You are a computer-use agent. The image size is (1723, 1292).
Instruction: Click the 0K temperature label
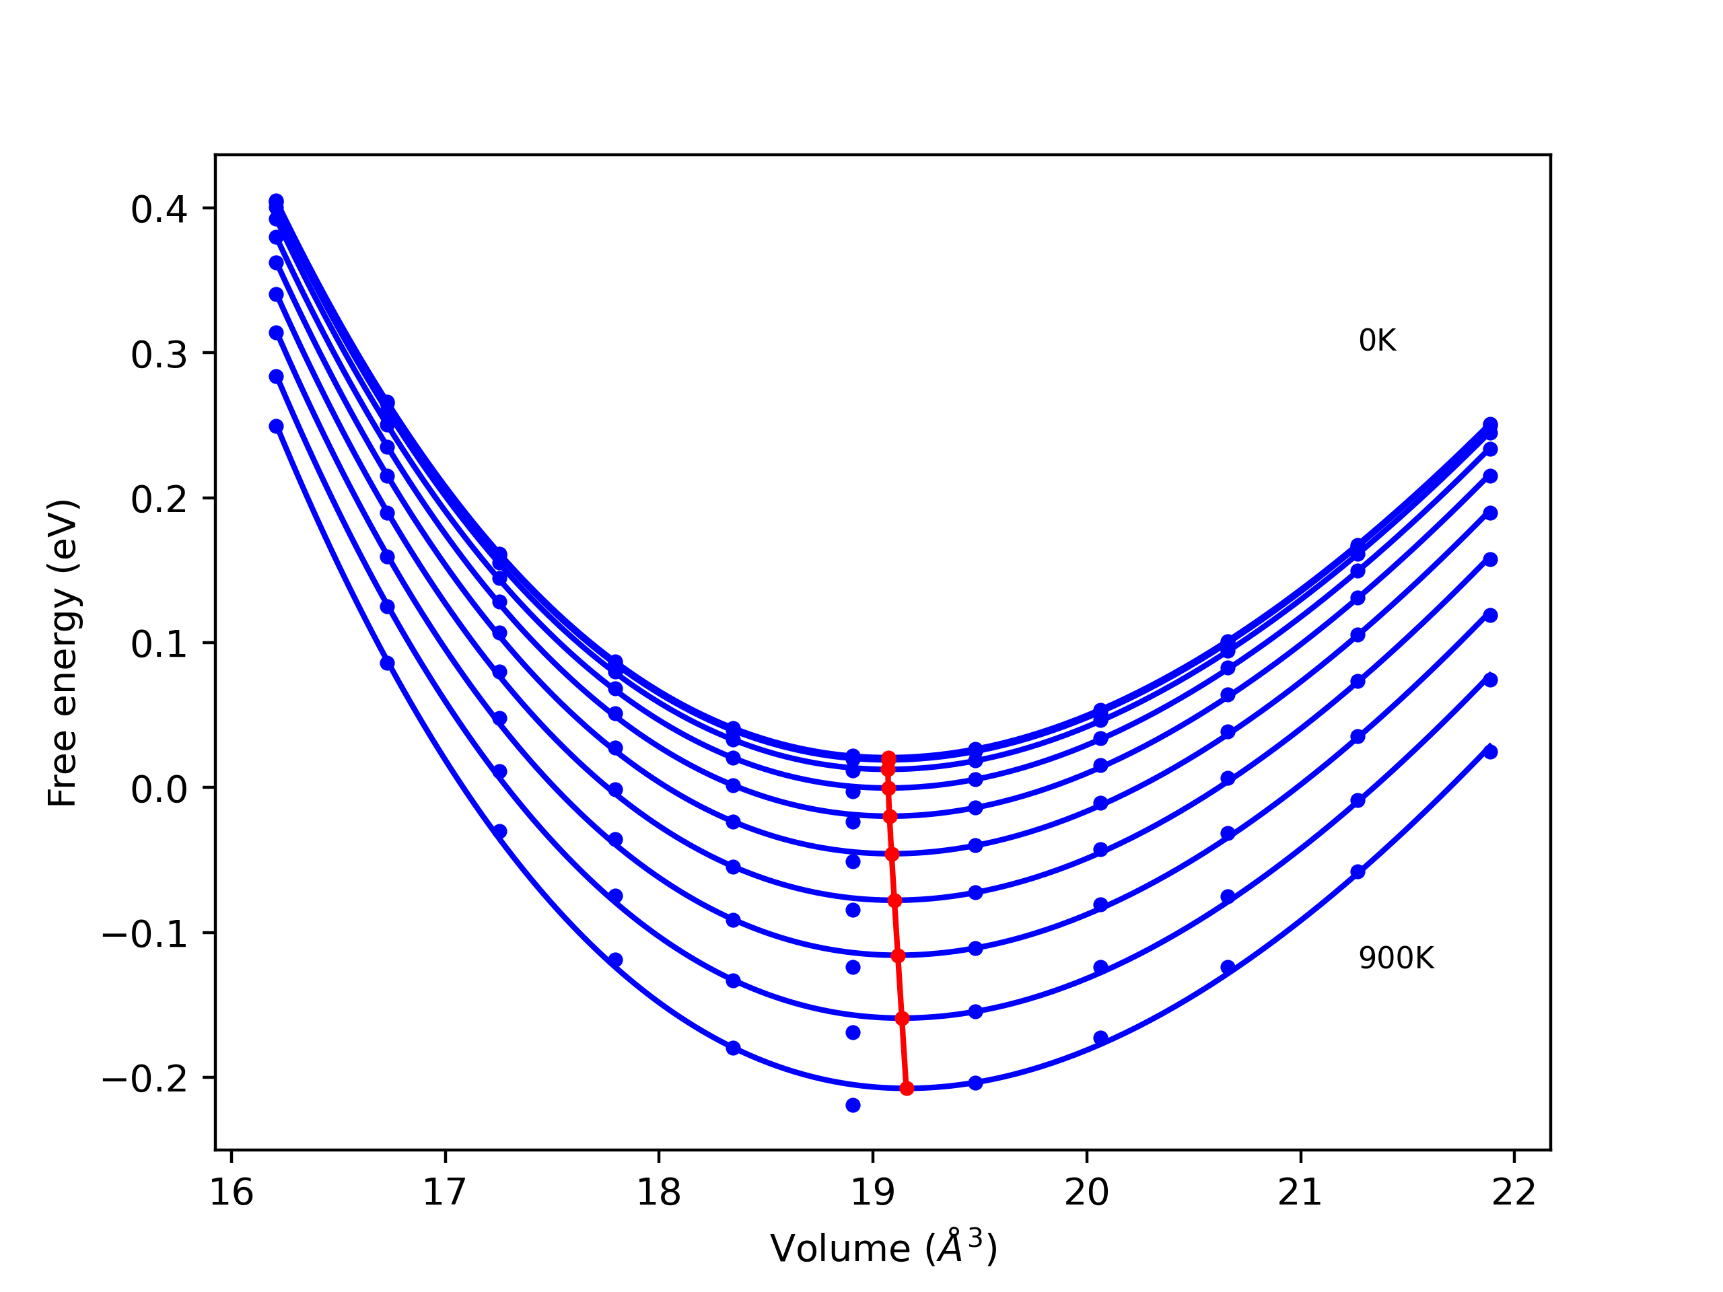click(x=1377, y=340)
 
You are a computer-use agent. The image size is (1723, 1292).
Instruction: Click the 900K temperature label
click(x=1396, y=958)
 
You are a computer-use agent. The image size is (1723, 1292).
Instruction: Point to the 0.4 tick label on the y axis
click(x=159, y=209)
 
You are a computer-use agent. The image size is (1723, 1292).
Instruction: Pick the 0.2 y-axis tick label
click(x=159, y=499)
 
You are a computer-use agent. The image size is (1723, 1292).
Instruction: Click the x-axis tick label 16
click(x=232, y=1193)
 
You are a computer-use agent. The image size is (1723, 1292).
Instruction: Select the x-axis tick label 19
click(x=872, y=1193)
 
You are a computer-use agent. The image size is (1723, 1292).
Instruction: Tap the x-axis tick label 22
click(x=1514, y=1193)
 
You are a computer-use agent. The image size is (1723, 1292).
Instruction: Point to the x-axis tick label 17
click(x=445, y=1193)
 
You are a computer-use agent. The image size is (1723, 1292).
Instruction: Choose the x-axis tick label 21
click(x=1300, y=1193)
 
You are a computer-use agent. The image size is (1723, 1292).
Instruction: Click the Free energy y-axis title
click(x=63, y=653)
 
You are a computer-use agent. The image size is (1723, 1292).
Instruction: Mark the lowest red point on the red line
click(x=907, y=1088)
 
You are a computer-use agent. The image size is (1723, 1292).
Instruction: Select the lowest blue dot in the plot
click(x=853, y=1105)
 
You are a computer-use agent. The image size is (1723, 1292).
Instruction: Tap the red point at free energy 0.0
click(x=889, y=788)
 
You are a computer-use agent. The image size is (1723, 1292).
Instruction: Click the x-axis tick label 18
click(x=659, y=1193)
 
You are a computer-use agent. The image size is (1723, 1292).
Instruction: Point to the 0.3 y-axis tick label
click(x=159, y=355)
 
